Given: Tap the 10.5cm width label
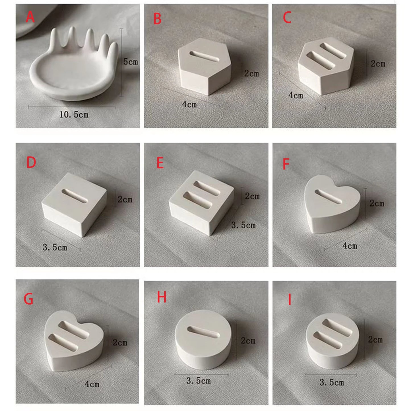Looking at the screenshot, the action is click(x=74, y=115).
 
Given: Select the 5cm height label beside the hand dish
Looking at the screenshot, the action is click(x=131, y=62).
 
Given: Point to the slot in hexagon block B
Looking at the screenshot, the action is click(x=204, y=56).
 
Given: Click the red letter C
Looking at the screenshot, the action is click(x=287, y=17).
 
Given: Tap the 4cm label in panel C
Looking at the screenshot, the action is click(x=296, y=95).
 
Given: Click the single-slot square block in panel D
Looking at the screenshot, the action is click(x=74, y=204).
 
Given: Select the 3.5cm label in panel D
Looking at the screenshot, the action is click(x=55, y=247).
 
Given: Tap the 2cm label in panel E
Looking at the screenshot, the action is click(x=252, y=196).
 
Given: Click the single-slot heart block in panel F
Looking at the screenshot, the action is click(x=332, y=204).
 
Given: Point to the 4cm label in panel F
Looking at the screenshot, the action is click(x=350, y=246).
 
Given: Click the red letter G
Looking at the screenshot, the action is click(x=28, y=299).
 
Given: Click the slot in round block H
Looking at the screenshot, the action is click(x=203, y=332).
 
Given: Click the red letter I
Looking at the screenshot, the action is click(x=290, y=300).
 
